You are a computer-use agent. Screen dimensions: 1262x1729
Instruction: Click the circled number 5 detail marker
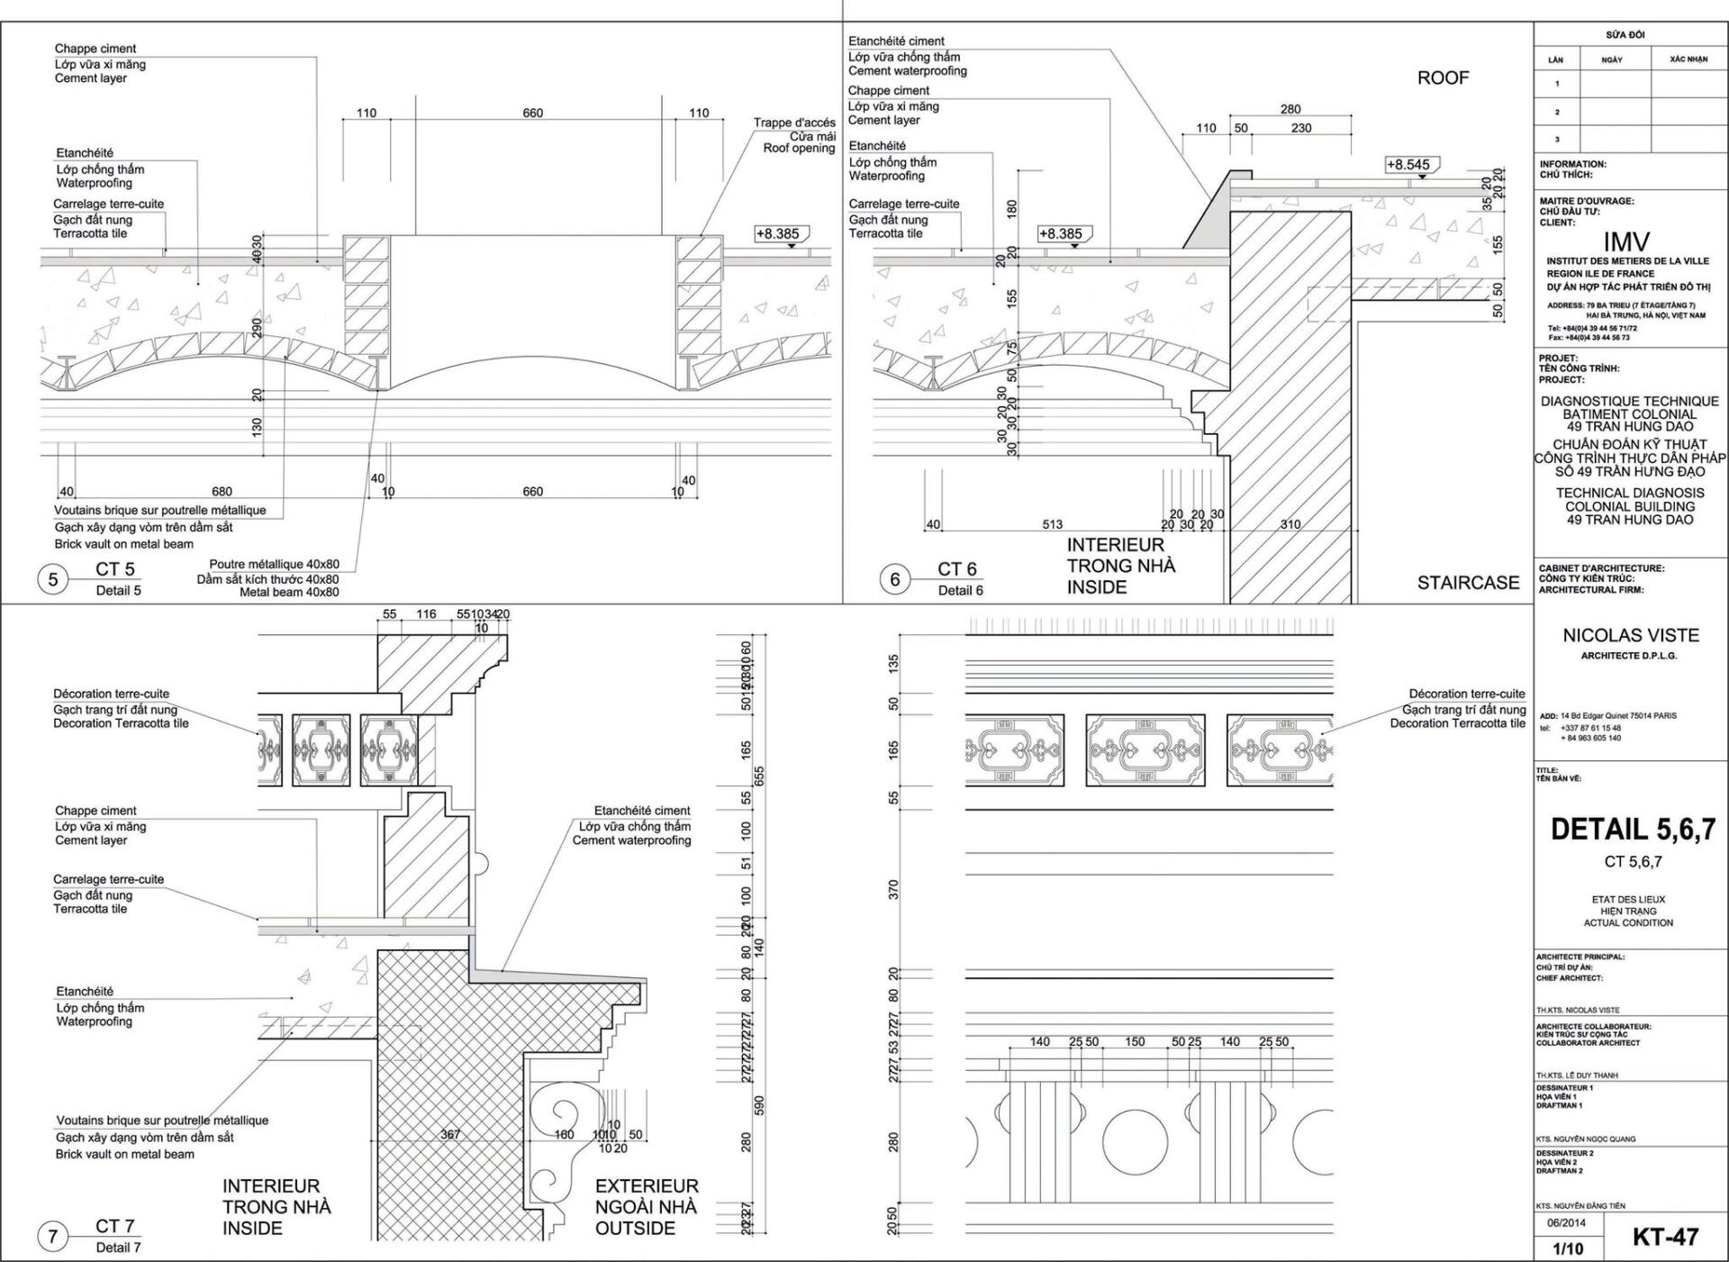(53, 579)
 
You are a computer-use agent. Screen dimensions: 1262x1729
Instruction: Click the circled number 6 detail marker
(894, 579)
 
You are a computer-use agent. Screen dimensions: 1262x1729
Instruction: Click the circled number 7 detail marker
(53, 1236)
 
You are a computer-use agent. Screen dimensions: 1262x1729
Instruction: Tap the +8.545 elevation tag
(1408, 165)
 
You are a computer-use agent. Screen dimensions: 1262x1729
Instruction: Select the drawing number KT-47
(1665, 1237)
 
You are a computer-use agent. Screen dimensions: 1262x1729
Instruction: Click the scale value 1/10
(1568, 1248)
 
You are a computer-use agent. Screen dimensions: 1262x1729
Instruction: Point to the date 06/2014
(1568, 1223)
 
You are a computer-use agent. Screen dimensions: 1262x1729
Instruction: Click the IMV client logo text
(1626, 241)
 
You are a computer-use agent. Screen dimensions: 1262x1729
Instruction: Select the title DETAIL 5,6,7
(1633, 830)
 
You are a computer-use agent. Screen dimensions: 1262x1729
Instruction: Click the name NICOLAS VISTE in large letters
(1631, 635)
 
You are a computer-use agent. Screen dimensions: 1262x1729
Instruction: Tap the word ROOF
(1443, 78)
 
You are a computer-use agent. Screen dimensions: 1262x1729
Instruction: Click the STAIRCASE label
(1468, 583)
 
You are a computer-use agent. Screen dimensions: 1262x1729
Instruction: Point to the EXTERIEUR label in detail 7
(647, 1186)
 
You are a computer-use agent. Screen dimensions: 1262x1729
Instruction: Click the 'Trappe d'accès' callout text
(794, 123)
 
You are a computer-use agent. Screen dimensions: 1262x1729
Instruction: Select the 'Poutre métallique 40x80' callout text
(274, 565)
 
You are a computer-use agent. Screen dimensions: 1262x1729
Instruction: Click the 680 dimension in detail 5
(222, 491)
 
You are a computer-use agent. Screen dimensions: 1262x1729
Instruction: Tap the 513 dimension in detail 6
(1052, 524)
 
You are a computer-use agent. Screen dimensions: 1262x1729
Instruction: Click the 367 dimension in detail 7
(450, 1134)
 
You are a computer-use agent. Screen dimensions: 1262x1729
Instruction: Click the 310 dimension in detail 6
(1290, 524)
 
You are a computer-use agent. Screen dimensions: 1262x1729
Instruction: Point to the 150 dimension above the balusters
(1135, 1041)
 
